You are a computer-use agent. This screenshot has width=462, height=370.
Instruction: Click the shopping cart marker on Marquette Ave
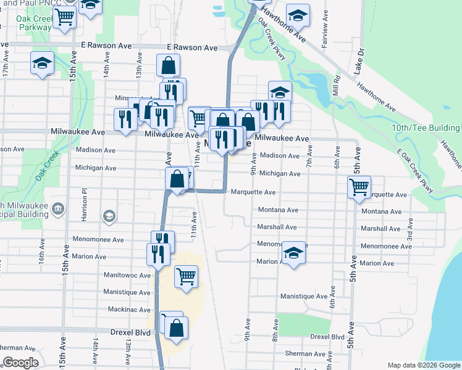(x=358, y=186)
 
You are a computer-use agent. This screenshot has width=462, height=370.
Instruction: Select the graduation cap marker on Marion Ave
(x=294, y=252)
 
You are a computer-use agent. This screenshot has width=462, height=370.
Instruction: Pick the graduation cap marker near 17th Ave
(x=42, y=62)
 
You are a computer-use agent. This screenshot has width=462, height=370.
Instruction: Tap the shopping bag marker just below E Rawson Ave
(x=169, y=65)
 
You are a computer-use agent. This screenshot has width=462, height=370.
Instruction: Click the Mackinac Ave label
(x=129, y=310)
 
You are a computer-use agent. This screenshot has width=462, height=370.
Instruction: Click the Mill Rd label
(x=337, y=84)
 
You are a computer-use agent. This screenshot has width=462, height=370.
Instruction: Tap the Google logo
(x=21, y=363)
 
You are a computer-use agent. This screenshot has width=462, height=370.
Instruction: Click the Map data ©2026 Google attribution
(x=423, y=365)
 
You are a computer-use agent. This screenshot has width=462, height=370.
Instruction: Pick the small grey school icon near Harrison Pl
(x=109, y=216)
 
